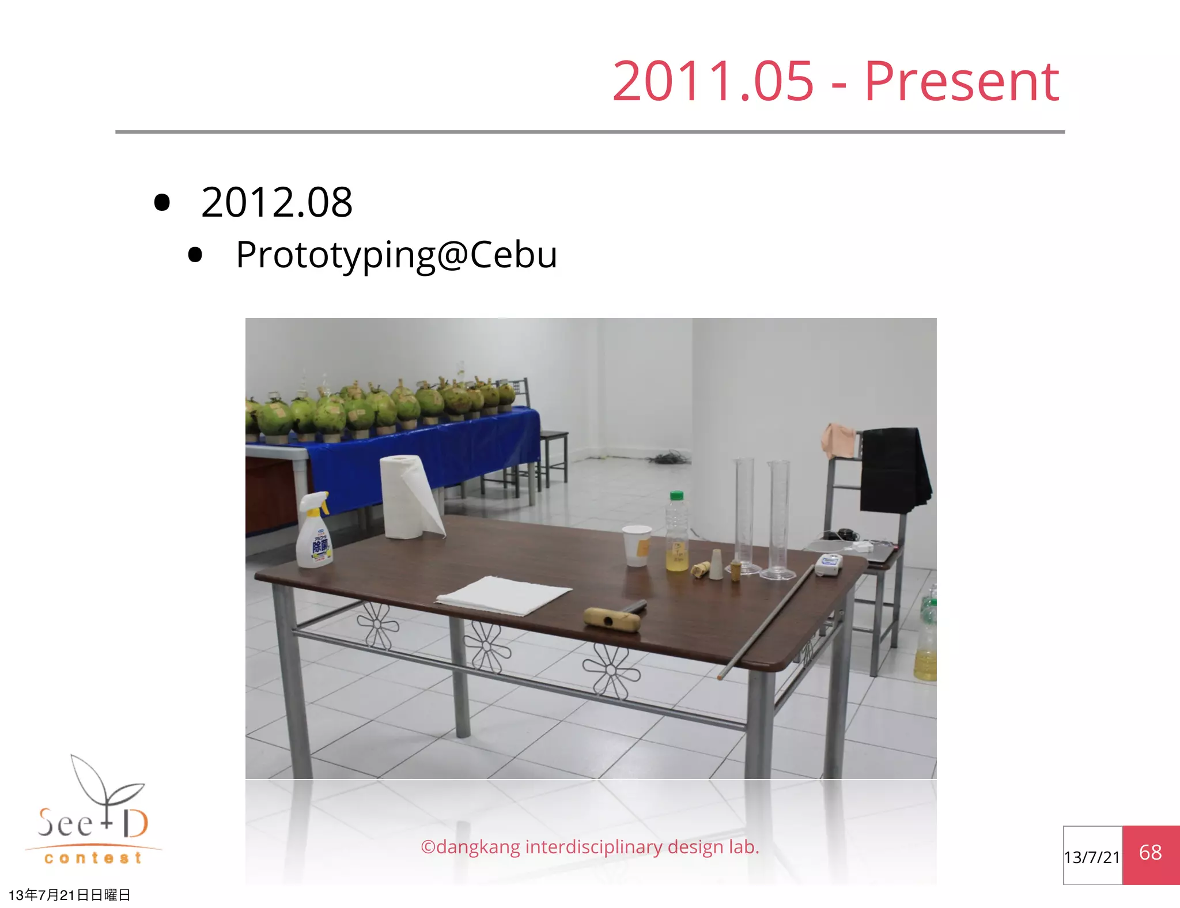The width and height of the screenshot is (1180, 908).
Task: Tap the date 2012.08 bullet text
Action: tap(277, 203)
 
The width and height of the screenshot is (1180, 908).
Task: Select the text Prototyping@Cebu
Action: tap(396, 255)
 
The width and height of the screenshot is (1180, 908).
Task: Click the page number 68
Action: tap(1150, 853)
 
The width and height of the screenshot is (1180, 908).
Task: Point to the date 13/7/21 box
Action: tap(1092, 857)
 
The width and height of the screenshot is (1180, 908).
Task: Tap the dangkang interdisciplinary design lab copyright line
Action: tap(590, 847)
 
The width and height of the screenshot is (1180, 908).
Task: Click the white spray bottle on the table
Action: tap(314, 536)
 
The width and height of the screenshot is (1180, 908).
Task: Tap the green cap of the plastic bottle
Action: tap(677, 495)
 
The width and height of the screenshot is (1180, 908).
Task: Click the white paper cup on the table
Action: tap(637, 545)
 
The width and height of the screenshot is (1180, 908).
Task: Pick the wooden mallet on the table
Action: tap(614, 618)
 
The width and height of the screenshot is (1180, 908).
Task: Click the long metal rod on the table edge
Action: tap(766, 622)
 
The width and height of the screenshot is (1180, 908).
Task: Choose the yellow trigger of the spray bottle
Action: tap(324, 505)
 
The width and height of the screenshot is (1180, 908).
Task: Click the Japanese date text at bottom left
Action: tap(69, 895)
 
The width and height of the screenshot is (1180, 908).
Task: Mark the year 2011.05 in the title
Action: tap(713, 82)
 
